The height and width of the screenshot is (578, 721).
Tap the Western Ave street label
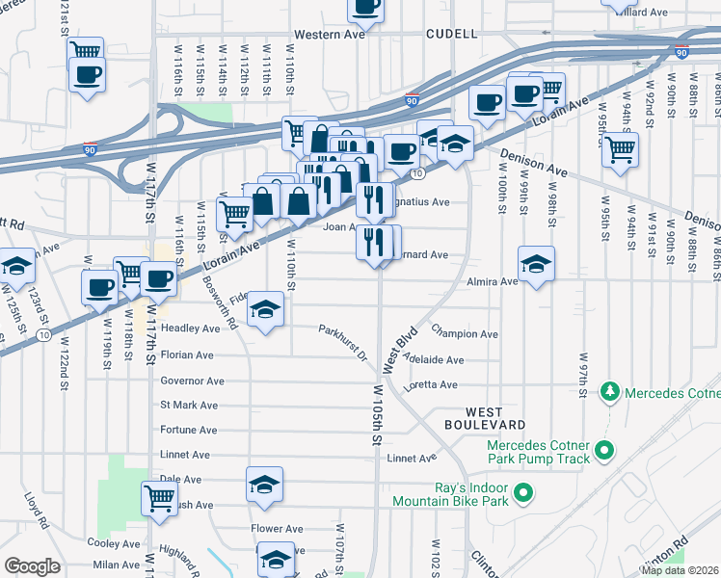(x=330, y=35)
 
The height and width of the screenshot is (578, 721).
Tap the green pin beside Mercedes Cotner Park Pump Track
(x=604, y=450)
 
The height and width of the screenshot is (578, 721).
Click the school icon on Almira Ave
(x=537, y=263)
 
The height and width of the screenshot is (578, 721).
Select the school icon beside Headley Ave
(x=265, y=309)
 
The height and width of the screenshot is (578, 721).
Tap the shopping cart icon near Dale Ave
(x=160, y=498)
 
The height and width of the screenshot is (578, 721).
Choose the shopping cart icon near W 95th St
(x=620, y=149)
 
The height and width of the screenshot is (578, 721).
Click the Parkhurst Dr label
(x=345, y=343)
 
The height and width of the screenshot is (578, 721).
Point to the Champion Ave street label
(x=465, y=334)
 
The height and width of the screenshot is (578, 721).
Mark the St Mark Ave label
(x=189, y=406)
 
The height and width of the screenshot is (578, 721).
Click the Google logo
(x=32, y=566)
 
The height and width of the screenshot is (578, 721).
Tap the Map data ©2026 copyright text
(x=679, y=570)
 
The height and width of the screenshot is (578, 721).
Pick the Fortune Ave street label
(x=188, y=430)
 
